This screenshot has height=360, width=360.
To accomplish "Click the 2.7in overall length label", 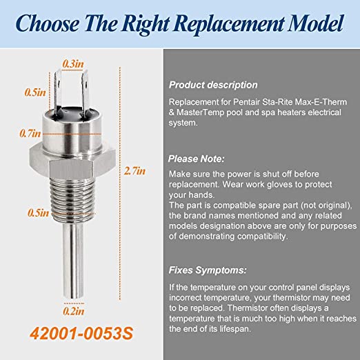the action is point(134,171).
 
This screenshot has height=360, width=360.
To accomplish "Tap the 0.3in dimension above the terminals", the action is point(73,64).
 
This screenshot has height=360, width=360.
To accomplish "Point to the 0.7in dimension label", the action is point(30,133).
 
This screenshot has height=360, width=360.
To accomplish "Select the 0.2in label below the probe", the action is point(74,311).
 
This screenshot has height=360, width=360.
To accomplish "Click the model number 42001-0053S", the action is point(81,333).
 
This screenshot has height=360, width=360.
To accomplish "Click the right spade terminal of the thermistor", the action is point(86,92).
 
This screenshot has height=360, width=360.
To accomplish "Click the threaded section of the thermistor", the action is point(72,198).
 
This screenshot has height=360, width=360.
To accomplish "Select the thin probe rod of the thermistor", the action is point(73,260).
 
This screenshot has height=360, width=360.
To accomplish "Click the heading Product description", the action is point(213,85).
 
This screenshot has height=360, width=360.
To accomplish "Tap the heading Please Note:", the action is point(196,159).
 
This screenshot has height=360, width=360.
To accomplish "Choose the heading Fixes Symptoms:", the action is point(208,270).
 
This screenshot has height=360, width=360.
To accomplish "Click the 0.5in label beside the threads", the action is point(38,213).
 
